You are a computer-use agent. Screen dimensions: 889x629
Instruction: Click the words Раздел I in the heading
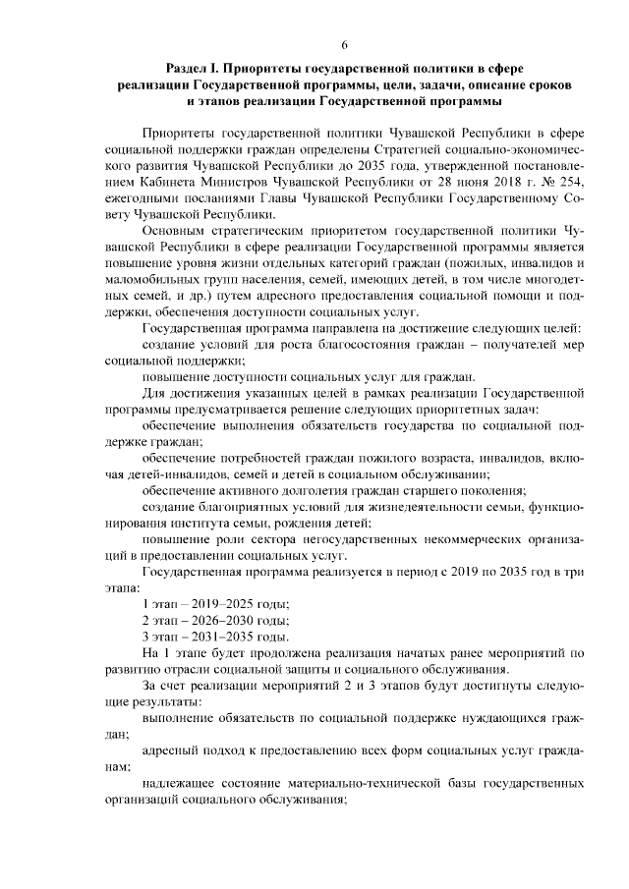(191, 69)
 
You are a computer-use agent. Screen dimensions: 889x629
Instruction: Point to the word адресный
(172, 749)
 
